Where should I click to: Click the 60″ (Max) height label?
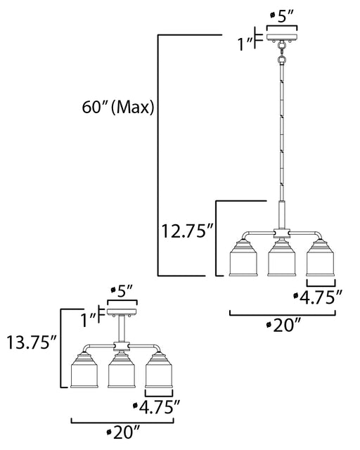click(x=118, y=108)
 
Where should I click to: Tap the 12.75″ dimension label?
click(x=187, y=231)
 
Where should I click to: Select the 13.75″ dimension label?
click(x=32, y=342)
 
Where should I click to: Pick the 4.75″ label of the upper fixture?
click(x=318, y=297)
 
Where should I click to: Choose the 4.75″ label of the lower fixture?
click(x=157, y=406)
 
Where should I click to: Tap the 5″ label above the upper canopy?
click(x=283, y=17)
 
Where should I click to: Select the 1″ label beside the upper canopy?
click(x=245, y=44)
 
